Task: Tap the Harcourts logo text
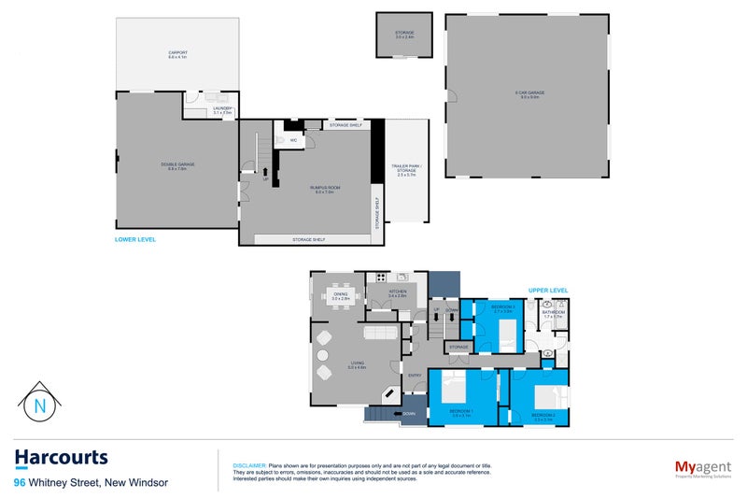point(61,458)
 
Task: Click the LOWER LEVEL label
point(134,240)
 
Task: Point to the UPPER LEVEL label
point(548,291)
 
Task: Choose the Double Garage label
point(177,166)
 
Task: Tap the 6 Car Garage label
point(529,93)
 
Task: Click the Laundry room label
point(222,110)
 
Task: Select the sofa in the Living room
point(379,332)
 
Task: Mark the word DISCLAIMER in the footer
point(248,465)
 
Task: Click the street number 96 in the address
point(20,483)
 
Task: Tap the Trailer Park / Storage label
point(405,169)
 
